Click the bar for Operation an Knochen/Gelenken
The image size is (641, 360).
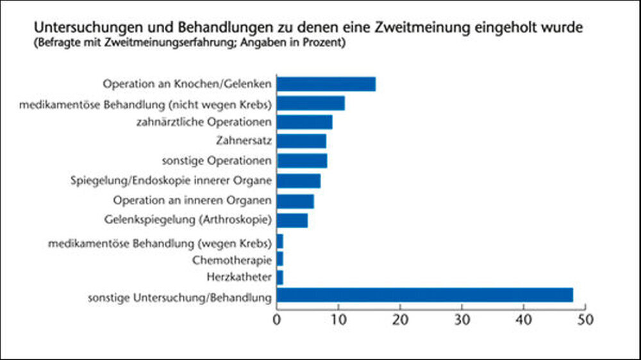[326, 84]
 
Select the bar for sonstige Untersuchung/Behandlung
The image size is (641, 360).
[425, 295]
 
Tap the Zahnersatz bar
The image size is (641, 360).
[301, 140]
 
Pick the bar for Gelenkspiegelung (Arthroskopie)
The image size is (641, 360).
[292, 220]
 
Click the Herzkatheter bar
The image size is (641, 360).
[280, 277]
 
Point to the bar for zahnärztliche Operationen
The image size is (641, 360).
[304, 122]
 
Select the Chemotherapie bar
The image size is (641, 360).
[280, 259]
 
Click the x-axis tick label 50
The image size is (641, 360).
[585, 318]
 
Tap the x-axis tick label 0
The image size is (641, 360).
[277, 318]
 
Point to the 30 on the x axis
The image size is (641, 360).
[462, 318]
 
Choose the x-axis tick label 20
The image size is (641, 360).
[400, 318]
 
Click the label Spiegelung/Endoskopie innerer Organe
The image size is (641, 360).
[171, 181]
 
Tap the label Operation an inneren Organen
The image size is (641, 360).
[192, 200]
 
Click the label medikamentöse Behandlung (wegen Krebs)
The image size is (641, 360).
[160, 243]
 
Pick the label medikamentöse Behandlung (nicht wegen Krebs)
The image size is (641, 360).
[155, 102]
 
